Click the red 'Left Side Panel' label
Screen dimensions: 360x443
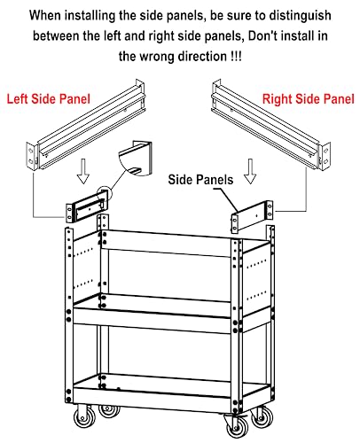coord(48,98)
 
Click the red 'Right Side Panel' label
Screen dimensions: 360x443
coord(308,99)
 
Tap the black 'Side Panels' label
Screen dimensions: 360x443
coord(200,180)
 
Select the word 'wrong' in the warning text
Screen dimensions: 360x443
coord(158,56)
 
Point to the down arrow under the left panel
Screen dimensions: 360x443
coord(83,171)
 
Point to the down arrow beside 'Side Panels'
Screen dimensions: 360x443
coord(250,171)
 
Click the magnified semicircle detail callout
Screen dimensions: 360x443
coord(136,159)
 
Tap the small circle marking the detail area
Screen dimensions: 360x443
coord(105,193)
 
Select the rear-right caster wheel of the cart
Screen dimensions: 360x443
coord(262,417)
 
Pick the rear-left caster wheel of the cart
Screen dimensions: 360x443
coord(109,410)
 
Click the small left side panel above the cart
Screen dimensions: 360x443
coord(86,206)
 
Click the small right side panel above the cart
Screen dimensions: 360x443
coord(252,216)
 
